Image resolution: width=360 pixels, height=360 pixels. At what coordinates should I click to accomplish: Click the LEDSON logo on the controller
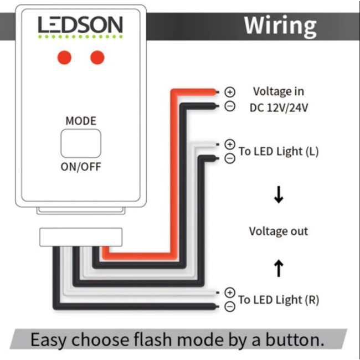pos(80,25)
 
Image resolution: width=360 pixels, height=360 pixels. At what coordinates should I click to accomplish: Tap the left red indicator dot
pos(65,57)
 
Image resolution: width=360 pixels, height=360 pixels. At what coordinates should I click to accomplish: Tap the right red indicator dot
pos(97,57)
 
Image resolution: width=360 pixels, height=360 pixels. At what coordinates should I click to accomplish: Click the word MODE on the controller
pos(81,121)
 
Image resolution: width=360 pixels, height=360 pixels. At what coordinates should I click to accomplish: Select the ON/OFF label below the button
pos(81,167)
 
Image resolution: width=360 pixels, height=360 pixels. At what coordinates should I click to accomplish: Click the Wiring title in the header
pos(280,25)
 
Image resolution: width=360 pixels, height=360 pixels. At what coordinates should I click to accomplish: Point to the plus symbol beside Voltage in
pos(230,92)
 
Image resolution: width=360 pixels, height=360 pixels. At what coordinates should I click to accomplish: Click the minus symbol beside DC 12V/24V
pos(230,106)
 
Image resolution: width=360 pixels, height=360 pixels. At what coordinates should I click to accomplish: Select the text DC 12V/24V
pos(279,107)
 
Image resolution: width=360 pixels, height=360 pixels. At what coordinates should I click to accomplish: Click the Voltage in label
pos(279,91)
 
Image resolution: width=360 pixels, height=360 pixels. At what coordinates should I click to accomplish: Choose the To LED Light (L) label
pos(279,151)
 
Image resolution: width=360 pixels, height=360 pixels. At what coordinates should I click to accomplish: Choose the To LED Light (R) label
pos(279,300)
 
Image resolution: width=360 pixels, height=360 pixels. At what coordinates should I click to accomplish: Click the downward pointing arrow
pos(279,195)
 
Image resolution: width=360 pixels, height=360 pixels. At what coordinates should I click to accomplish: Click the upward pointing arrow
pos(279,268)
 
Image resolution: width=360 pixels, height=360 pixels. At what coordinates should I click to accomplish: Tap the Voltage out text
pos(279,231)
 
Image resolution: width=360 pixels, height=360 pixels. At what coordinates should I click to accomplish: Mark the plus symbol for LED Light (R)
pos(230,292)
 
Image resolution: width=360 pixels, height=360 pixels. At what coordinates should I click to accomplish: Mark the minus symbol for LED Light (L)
pos(230,158)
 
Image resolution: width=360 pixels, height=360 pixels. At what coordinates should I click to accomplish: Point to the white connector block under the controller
pos(81,236)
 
